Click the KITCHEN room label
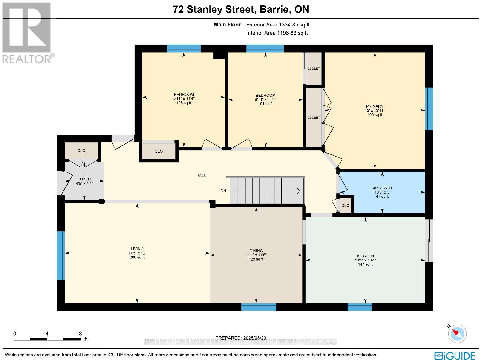(365, 256)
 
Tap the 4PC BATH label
(382, 188)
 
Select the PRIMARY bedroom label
(375, 106)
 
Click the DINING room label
(256, 251)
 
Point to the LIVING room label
(137, 249)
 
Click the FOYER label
(84, 179)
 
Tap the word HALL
(201, 175)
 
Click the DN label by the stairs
(223, 191)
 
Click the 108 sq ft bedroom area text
(184, 103)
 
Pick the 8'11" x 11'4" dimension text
(265, 99)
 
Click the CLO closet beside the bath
(345, 206)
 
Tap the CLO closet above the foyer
(81, 151)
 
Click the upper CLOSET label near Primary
(314, 69)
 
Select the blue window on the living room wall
(61, 255)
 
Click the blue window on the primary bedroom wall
(429, 108)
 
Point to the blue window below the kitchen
(360, 307)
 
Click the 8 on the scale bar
(80, 333)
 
